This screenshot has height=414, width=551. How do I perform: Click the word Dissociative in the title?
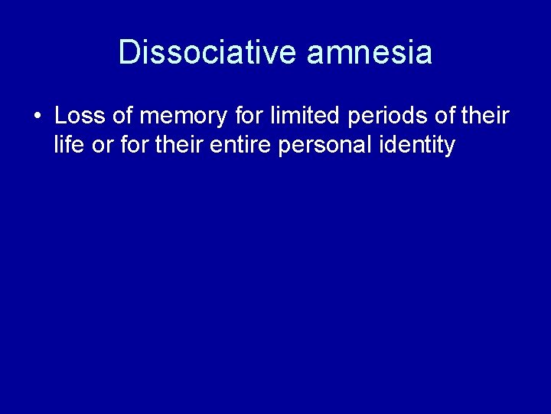point(208,52)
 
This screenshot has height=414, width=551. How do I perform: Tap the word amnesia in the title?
point(370,52)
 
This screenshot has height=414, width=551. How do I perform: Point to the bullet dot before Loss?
point(37,117)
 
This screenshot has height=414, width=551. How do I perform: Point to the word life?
point(69,144)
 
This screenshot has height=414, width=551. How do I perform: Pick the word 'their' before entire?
point(178,144)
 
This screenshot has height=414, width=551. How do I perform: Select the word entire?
point(243,144)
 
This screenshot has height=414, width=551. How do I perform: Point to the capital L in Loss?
point(61,117)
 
